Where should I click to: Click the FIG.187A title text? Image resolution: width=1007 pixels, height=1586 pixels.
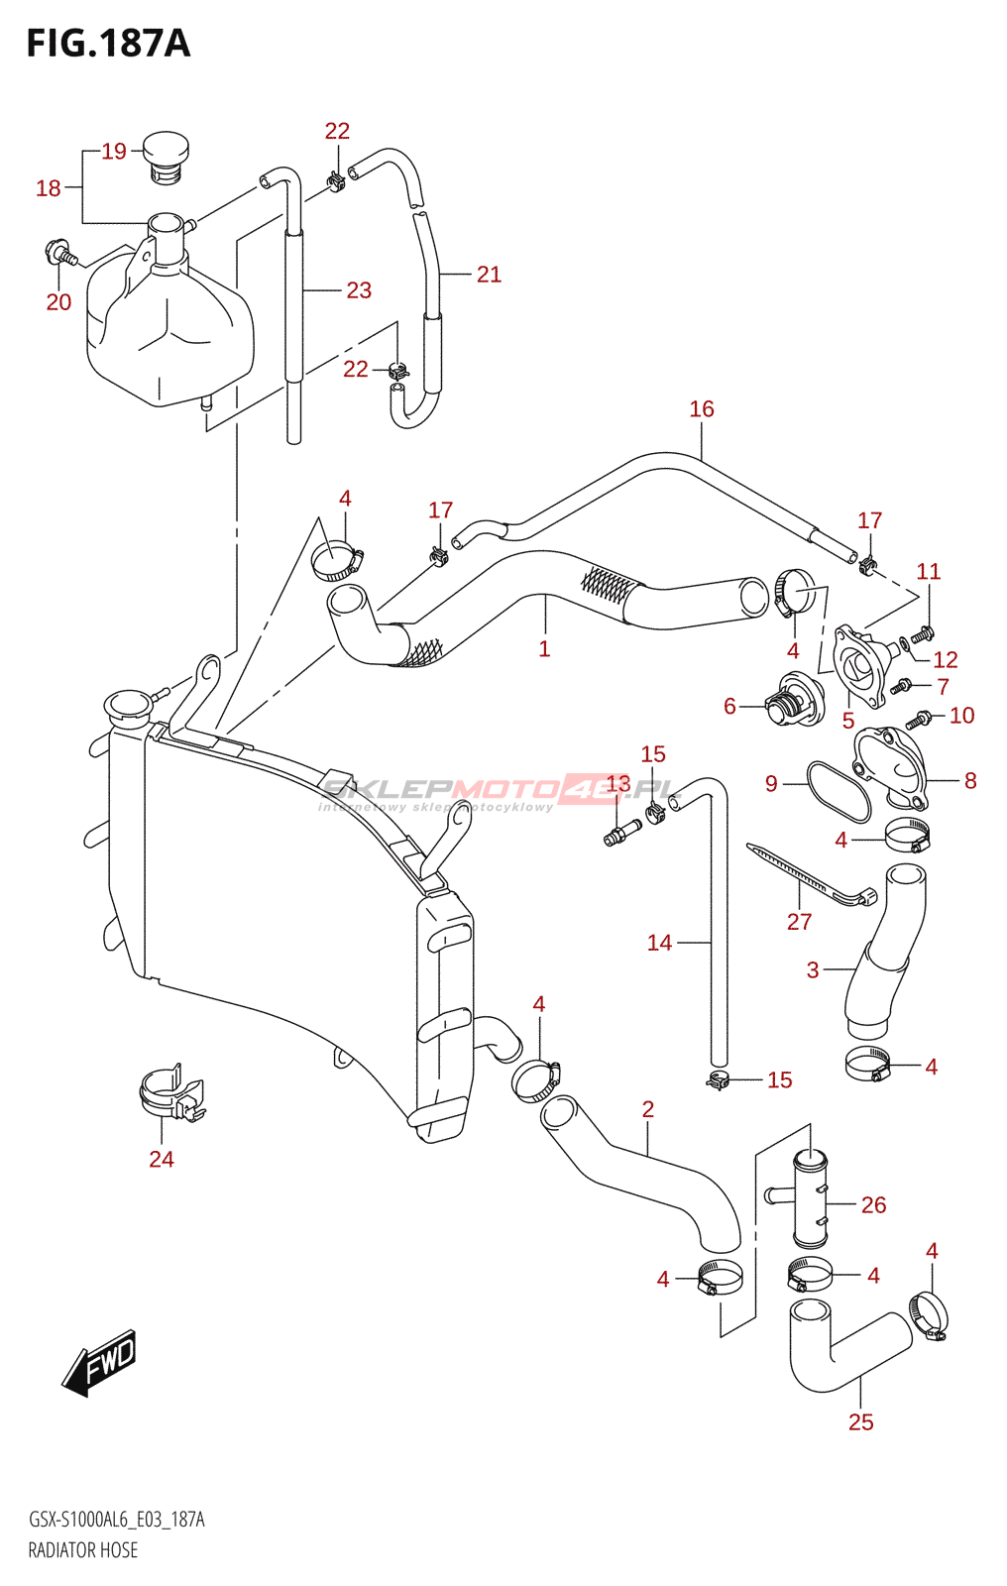click(x=108, y=44)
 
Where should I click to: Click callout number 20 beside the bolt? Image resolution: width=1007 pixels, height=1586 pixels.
click(x=58, y=302)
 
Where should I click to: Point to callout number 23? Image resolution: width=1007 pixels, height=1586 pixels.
click(x=359, y=290)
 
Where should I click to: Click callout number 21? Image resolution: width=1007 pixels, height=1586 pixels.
click(x=489, y=274)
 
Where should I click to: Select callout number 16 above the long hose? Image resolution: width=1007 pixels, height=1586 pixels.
click(x=702, y=408)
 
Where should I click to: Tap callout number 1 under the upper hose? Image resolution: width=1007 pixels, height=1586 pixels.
click(x=544, y=648)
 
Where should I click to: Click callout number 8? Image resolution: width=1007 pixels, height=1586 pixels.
click(x=969, y=781)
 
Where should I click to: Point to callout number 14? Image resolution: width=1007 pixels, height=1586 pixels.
click(x=659, y=943)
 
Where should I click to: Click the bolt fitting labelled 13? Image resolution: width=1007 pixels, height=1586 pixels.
click(x=622, y=833)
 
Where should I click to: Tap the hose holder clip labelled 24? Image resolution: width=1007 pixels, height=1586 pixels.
click(x=172, y=1093)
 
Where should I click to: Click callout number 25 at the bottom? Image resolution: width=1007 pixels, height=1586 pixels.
click(x=861, y=1421)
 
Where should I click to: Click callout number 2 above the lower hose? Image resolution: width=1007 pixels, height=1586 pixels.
click(x=647, y=1109)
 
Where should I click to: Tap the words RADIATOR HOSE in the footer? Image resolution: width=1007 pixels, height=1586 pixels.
click(x=83, y=1550)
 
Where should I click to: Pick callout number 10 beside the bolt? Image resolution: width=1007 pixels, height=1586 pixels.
click(x=961, y=715)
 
